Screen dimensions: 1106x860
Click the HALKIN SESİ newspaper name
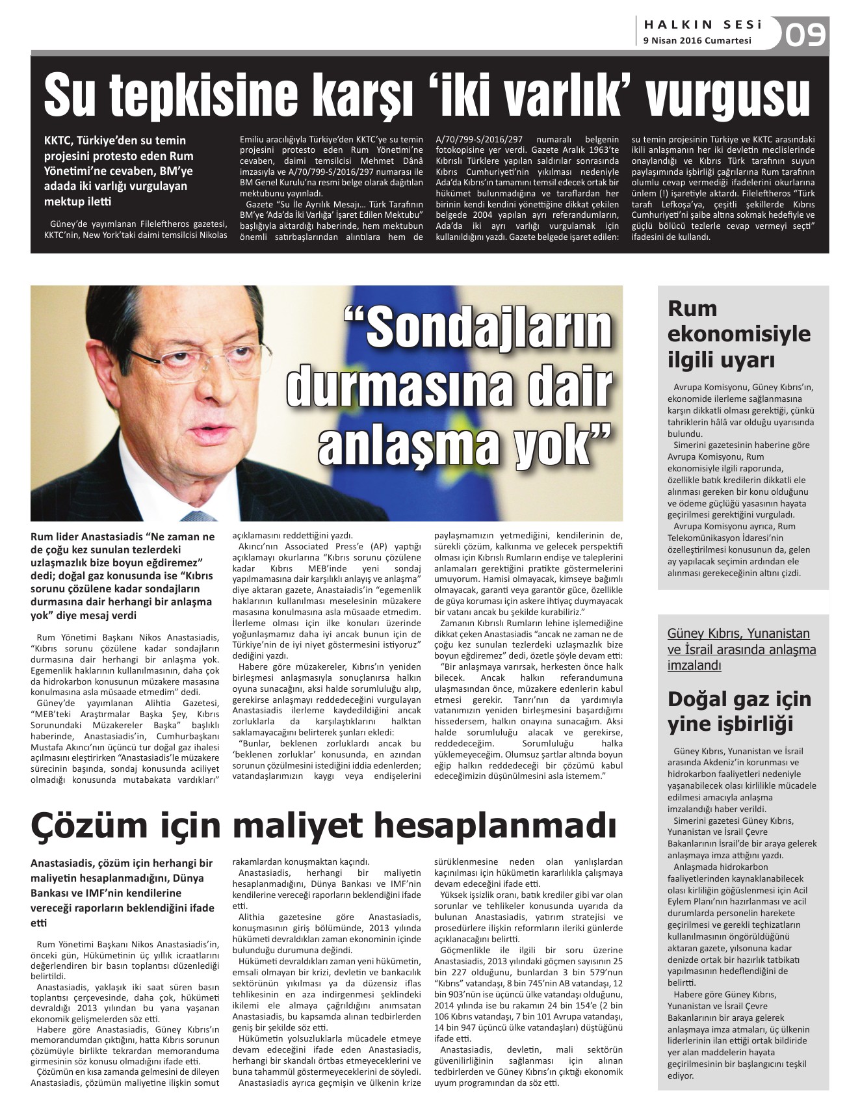(703, 25)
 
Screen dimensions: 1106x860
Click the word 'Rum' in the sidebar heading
(692, 308)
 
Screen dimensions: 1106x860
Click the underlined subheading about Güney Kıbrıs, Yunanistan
(741, 649)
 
